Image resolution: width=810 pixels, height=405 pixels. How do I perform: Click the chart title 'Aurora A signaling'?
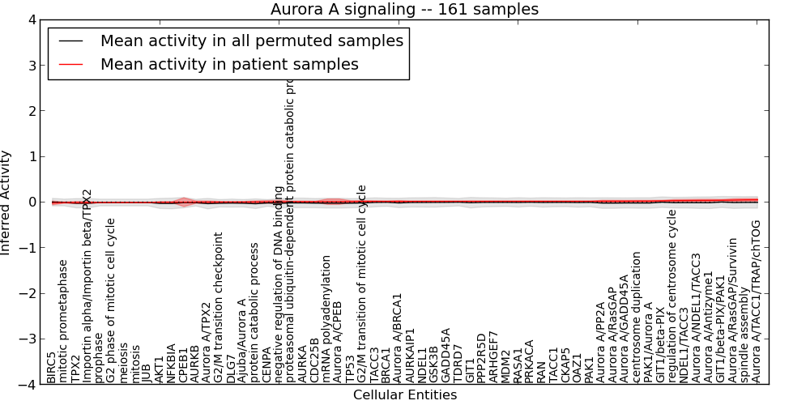tap(404, 9)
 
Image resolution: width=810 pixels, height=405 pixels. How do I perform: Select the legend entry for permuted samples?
tap(251, 40)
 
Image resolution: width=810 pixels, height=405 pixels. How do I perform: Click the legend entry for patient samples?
tap(228, 64)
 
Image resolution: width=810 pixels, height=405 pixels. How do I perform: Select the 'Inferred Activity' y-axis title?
tap(6, 202)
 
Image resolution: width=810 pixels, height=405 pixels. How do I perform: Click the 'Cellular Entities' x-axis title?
tap(404, 395)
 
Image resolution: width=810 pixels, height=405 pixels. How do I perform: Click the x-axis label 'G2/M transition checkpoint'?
tap(219, 308)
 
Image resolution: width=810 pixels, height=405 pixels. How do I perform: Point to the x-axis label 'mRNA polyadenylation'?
tap(326, 319)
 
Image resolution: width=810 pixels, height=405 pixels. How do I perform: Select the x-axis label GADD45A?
tap(446, 356)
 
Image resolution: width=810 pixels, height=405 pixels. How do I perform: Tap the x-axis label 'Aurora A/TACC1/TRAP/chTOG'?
tap(757, 301)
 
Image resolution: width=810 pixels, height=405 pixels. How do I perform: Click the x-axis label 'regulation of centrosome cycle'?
tap(672, 296)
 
